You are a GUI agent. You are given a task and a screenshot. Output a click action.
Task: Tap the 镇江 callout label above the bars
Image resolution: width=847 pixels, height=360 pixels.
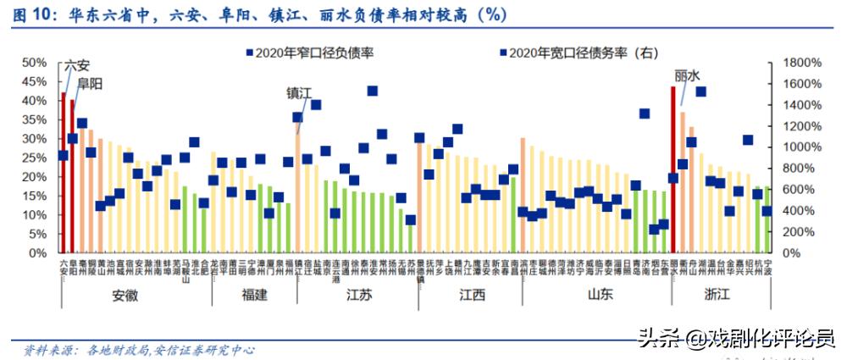299,95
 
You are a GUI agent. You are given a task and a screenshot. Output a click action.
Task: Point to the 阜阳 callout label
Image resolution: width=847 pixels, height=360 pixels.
90,84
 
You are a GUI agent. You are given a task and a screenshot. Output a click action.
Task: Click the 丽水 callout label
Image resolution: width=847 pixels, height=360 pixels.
687,75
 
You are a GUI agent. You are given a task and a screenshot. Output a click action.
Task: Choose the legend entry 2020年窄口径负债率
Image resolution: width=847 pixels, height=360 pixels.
314,53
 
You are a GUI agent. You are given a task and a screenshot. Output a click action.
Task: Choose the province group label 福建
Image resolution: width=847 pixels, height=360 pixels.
254,296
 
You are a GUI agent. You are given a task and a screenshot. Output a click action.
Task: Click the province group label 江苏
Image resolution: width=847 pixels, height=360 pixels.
359,296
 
